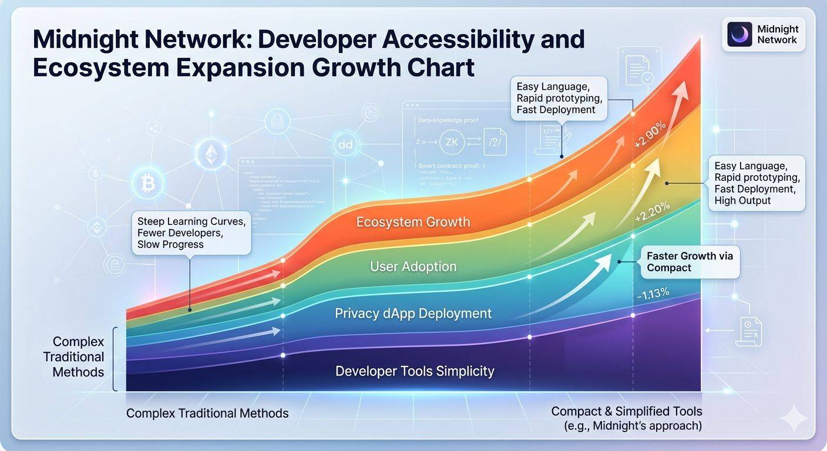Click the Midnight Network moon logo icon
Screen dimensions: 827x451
[x=739, y=34]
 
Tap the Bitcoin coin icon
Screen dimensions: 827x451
[x=147, y=185]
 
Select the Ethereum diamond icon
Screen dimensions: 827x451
[x=210, y=154]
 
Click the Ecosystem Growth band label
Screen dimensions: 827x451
[x=413, y=222]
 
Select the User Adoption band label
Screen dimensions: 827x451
[x=413, y=267]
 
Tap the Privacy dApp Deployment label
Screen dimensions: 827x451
[x=413, y=314]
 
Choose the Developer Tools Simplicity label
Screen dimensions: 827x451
[x=415, y=371]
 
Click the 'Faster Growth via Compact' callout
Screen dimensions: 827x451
[x=689, y=262]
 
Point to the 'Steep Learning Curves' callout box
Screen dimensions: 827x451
[x=191, y=233]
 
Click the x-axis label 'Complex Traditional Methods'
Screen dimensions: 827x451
[x=207, y=413]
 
